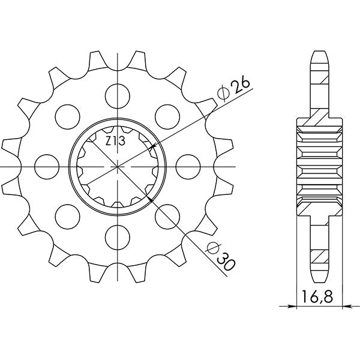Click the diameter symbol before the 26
pos(221,94)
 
